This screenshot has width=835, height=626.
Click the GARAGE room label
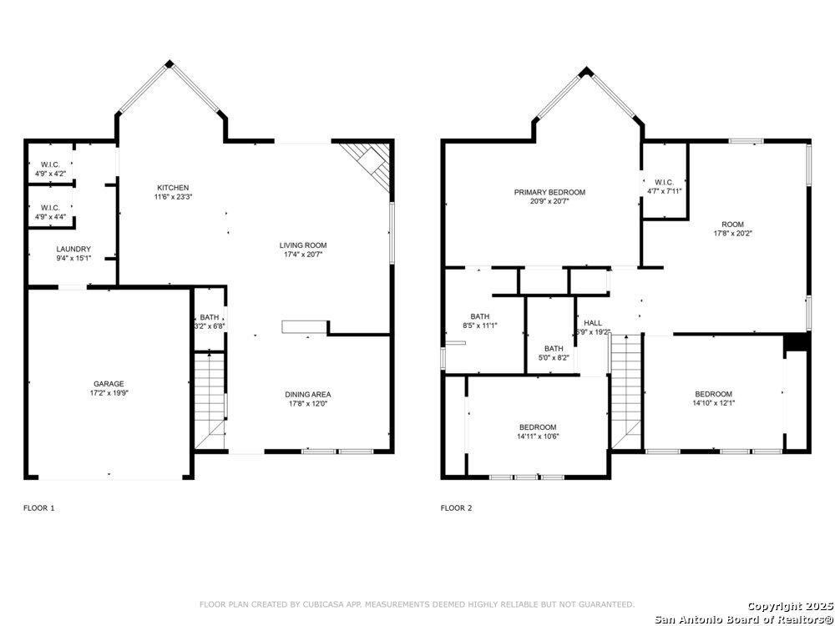(x=109, y=384)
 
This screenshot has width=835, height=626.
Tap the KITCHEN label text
(x=173, y=188)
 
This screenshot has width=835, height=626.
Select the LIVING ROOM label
(x=303, y=245)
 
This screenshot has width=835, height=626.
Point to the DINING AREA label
(x=308, y=395)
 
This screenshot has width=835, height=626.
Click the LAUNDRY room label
(x=73, y=249)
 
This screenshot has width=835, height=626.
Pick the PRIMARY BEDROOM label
(x=549, y=192)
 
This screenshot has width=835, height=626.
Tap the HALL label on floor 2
(x=593, y=323)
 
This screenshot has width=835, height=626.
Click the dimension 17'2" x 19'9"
(x=109, y=393)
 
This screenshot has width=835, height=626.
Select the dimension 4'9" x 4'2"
(x=51, y=174)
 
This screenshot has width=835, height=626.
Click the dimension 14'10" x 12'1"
(x=714, y=403)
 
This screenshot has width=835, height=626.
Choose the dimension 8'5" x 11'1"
(x=480, y=326)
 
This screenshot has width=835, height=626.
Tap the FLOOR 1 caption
(x=39, y=507)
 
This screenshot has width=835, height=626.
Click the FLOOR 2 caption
(x=457, y=507)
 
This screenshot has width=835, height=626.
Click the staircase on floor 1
(x=210, y=400)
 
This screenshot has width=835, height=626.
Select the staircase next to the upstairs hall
(x=625, y=391)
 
